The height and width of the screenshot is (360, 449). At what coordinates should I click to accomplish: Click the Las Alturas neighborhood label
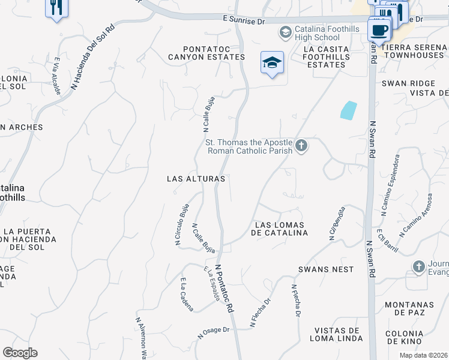tap(196, 179)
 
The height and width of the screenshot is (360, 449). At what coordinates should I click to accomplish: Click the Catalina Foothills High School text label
tap(327, 33)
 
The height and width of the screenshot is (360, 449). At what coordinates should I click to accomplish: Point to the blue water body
tap(348, 110)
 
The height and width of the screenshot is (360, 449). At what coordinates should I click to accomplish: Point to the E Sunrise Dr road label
tap(243, 20)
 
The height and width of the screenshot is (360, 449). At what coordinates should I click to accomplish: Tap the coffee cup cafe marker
tap(379, 30)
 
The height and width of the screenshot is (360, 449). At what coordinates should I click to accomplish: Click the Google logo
tap(20, 353)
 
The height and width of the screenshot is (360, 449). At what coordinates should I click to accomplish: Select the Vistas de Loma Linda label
tap(339, 334)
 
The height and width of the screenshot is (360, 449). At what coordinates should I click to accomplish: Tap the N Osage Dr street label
tap(214, 331)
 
